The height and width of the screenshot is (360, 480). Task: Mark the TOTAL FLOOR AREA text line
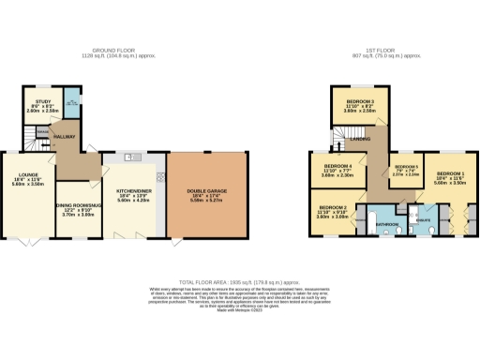[x=240, y=281]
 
